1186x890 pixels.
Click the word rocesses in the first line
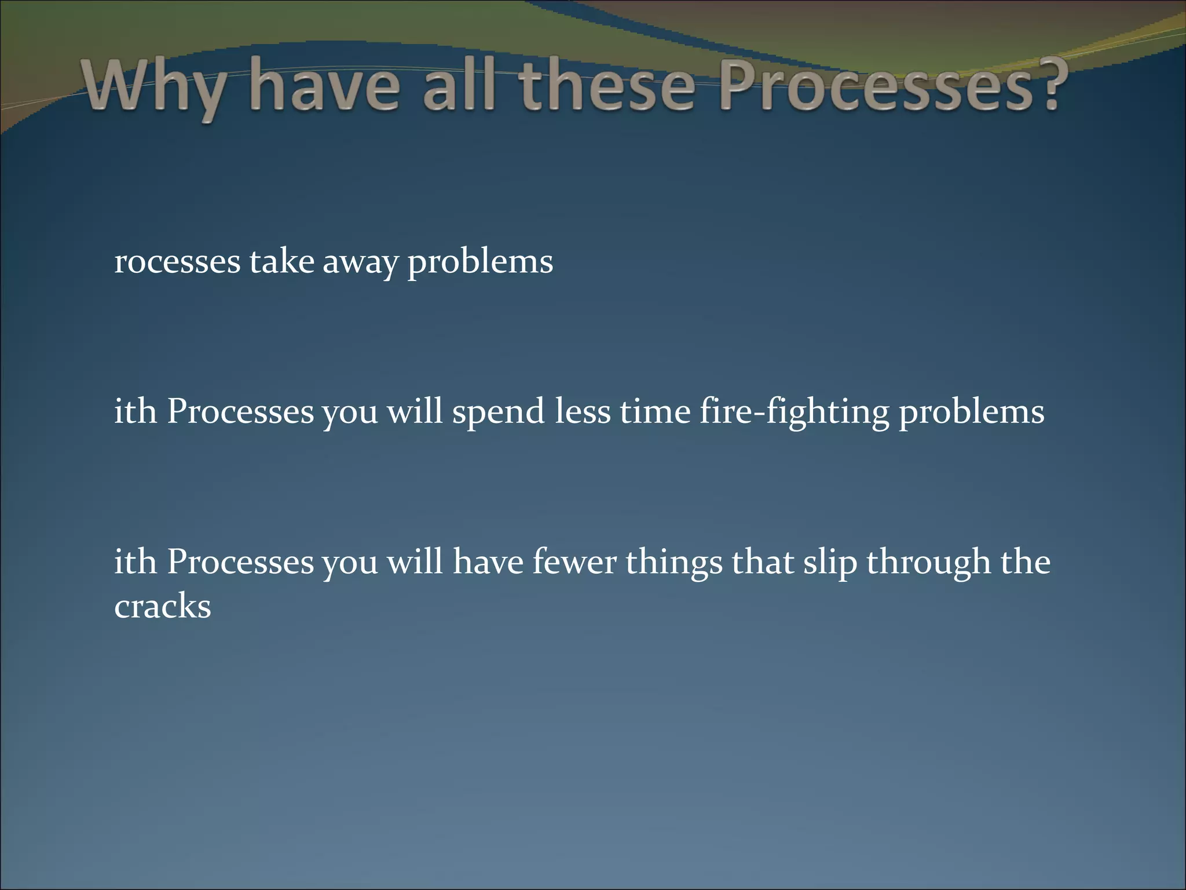[x=177, y=262]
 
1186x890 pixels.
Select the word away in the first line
[x=360, y=263]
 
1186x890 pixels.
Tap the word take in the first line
[x=281, y=261]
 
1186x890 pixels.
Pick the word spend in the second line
[x=498, y=413]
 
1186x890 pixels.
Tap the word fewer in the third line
[x=573, y=562]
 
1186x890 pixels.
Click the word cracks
[x=163, y=607]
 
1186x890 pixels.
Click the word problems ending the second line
[x=971, y=413]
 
